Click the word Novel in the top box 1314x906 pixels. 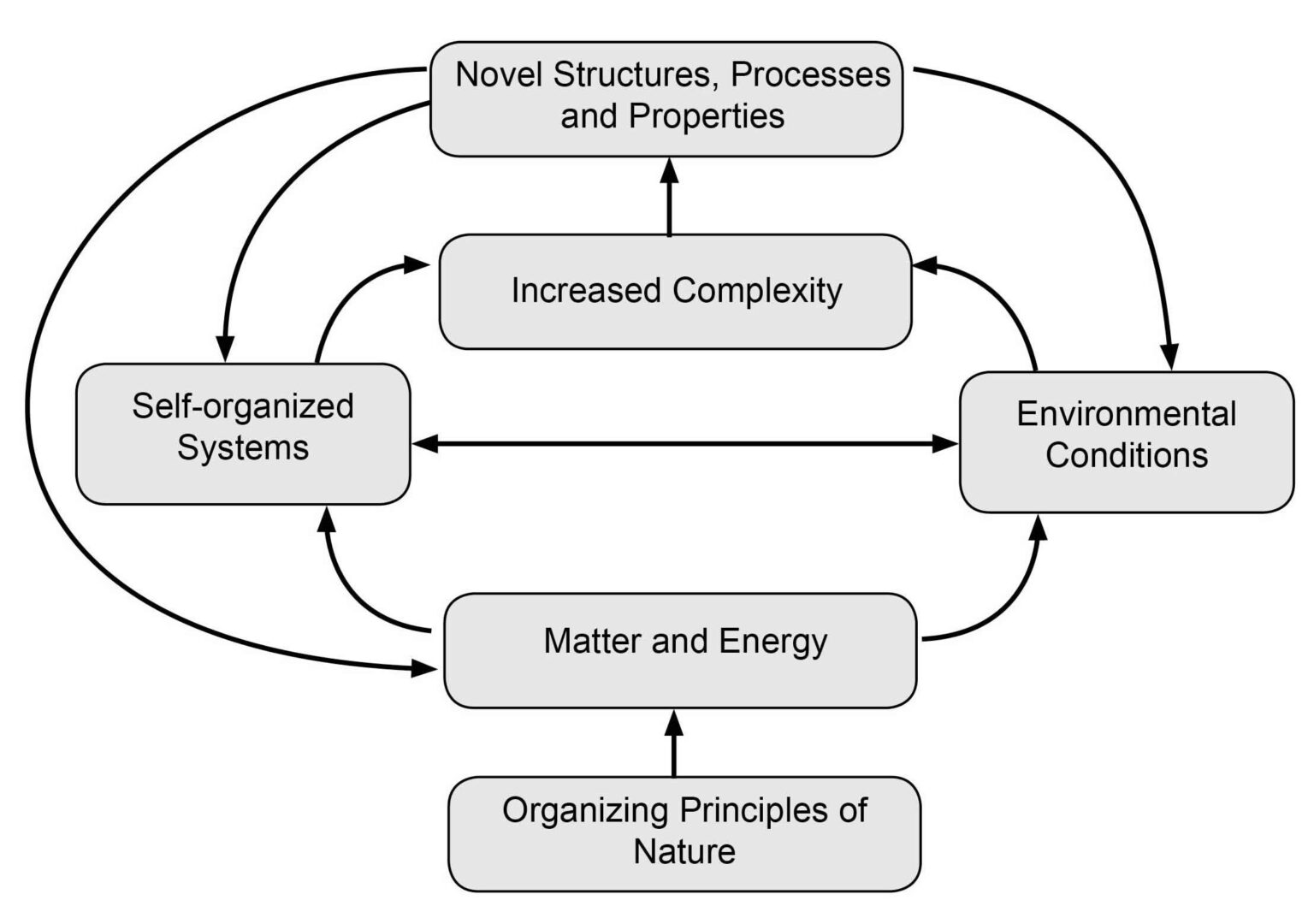pyautogui.click(x=500, y=75)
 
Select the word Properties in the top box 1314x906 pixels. pyautogui.click(x=707, y=116)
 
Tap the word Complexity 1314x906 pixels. pyautogui.click(x=757, y=291)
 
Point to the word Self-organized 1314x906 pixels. pyautogui.click(x=243, y=406)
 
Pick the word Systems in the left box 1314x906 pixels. pyautogui.click(x=243, y=447)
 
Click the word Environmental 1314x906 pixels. pyautogui.click(x=1126, y=414)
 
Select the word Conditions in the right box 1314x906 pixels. pyautogui.click(x=1126, y=455)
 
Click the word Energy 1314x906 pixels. pyautogui.click(x=773, y=642)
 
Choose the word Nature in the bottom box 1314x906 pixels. pyautogui.click(x=684, y=851)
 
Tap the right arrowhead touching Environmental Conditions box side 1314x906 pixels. pyautogui.click(x=944, y=443)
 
